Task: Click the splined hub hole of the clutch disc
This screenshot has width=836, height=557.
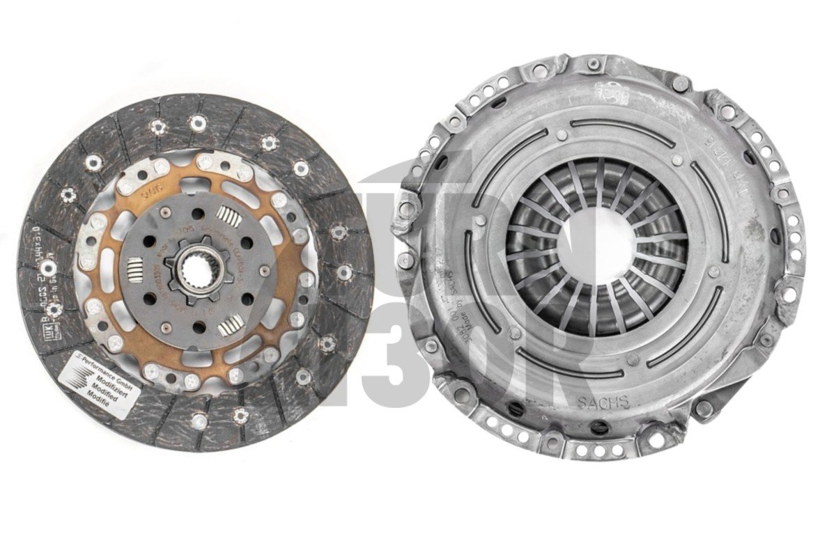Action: pos(196,268)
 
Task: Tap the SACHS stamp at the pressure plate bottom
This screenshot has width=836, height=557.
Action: pos(603,402)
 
